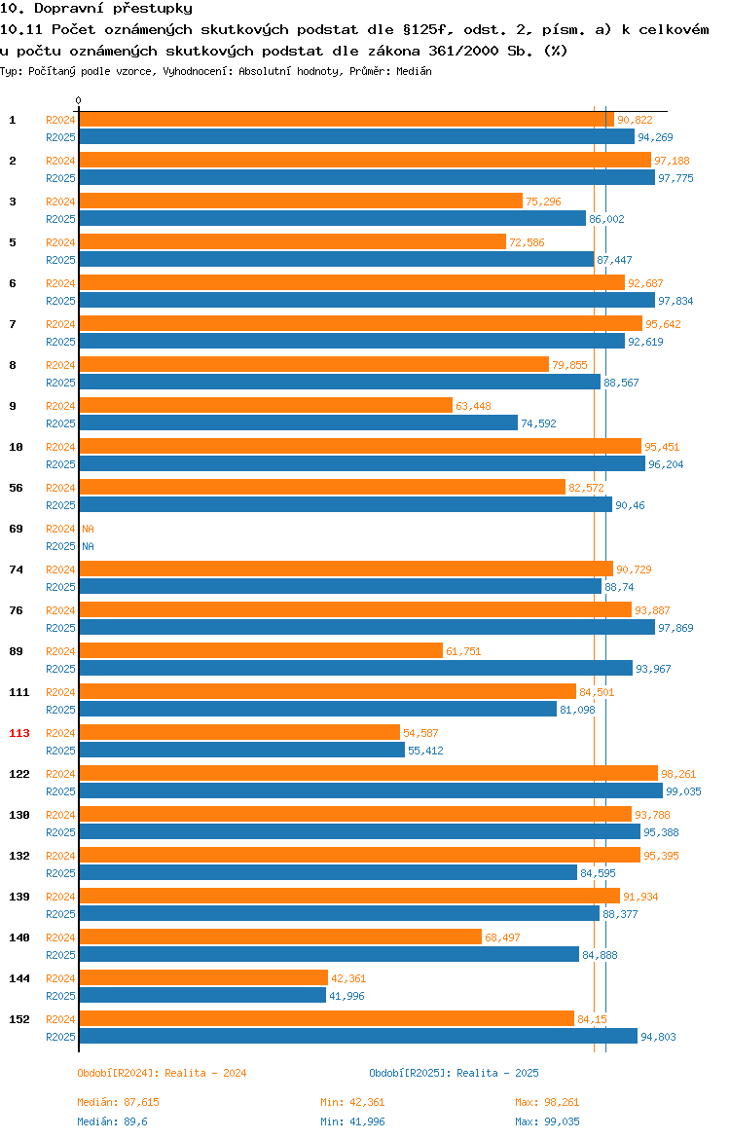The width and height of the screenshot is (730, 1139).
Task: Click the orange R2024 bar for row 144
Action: coord(203,977)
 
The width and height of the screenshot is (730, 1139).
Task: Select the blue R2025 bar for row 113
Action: coord(242,751)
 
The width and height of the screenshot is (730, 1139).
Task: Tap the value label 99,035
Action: coord(683,791)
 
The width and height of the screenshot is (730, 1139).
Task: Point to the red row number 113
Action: coord(18,733)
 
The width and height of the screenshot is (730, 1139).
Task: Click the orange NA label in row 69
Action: coord(88,529)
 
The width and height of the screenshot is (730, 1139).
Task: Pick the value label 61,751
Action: coord(463,651)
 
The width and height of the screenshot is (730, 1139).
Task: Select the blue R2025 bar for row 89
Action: coord(356,668)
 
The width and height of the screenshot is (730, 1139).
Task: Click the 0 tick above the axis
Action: coord(79,101)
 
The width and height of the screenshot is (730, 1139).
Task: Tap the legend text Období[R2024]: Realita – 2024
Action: coord(162,1073)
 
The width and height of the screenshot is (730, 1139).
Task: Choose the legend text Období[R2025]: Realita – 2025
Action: coord(454,1073)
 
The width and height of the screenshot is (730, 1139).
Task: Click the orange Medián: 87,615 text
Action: coord(119,1102)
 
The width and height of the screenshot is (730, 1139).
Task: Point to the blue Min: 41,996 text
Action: coord(353,1121)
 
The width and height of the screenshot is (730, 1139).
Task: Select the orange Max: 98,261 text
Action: coord(548,1102)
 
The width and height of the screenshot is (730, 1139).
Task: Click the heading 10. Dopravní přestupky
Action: coord(96,9)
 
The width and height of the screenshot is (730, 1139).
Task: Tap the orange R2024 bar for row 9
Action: coord(266,405)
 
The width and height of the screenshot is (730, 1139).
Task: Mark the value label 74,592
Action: coord(538,423)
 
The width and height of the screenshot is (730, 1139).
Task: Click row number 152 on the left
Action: coord(18,1019)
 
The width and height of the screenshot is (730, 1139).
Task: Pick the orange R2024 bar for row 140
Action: coord(280,937)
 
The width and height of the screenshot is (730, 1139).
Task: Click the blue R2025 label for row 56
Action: coord(60,505)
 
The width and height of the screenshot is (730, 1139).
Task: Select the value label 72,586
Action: coord(527,242)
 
